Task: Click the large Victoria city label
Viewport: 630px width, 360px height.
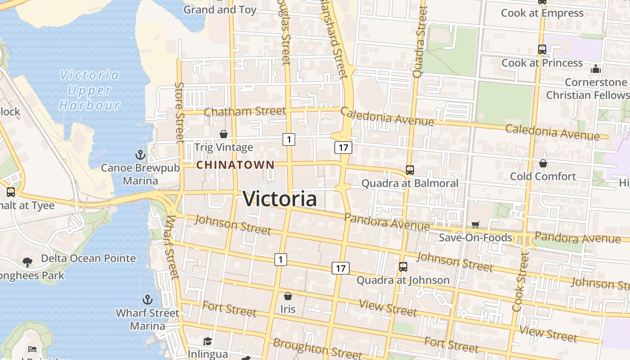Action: pyautogui.click(x=280, y=199)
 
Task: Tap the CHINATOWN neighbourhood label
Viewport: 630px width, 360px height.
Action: pyautogui.click(x=235, y=165)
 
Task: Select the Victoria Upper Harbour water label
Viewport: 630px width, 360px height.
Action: pyautogui.click(x=90, y=90)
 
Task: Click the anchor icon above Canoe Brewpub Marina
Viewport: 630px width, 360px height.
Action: pyautogui.click(x=140, y=155)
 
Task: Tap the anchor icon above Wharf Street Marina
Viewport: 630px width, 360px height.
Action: pyautogui.click(x=147, y=300)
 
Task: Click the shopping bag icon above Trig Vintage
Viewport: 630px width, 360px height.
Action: pyautogui.click(x=223, y=134)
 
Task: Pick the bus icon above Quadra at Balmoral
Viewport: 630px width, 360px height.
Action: pyautogui.click(x=409, y=170)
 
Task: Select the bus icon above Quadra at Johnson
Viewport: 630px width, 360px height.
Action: pyautogui.click(x=403, y=267)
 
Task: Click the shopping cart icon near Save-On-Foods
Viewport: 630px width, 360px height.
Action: pyautogui.click(x=476, y=225)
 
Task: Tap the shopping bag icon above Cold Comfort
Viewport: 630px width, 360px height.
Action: pyautogui.click(x=543, y=163)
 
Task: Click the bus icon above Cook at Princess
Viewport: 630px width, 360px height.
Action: pyautogui.click(x=542, y=49)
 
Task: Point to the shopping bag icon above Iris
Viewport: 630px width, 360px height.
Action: pyautogui.click(x=288, y=296)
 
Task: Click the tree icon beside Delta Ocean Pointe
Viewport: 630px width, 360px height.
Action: pyautogui.click(x=27, y=262)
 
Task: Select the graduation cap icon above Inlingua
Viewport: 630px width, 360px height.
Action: pyautogui.click(x=207, y=342)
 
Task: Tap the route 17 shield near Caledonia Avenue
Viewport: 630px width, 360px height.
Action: pyautogui.click(x=343, y=147)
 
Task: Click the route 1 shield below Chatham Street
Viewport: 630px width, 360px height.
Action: pyautogui.click(x=289, y=139)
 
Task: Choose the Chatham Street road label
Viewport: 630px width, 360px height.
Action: pyautogui.click(x=245, y=111)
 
